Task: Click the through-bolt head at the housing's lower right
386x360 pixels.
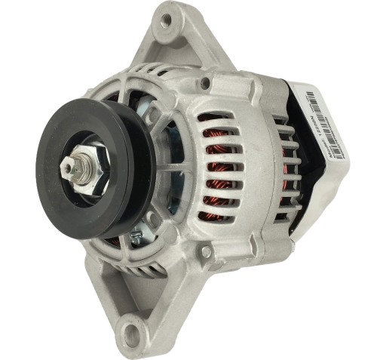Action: pyautogui.click(x=205, y=251)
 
